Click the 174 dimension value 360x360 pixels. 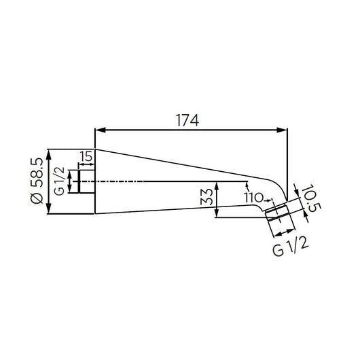187,120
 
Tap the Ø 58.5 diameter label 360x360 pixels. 37,181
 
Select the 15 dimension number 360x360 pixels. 86,156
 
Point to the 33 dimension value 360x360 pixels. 206,197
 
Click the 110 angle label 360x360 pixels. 253,198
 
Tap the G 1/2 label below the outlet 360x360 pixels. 291,247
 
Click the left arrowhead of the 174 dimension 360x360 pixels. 100,130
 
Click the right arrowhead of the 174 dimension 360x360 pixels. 282,130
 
